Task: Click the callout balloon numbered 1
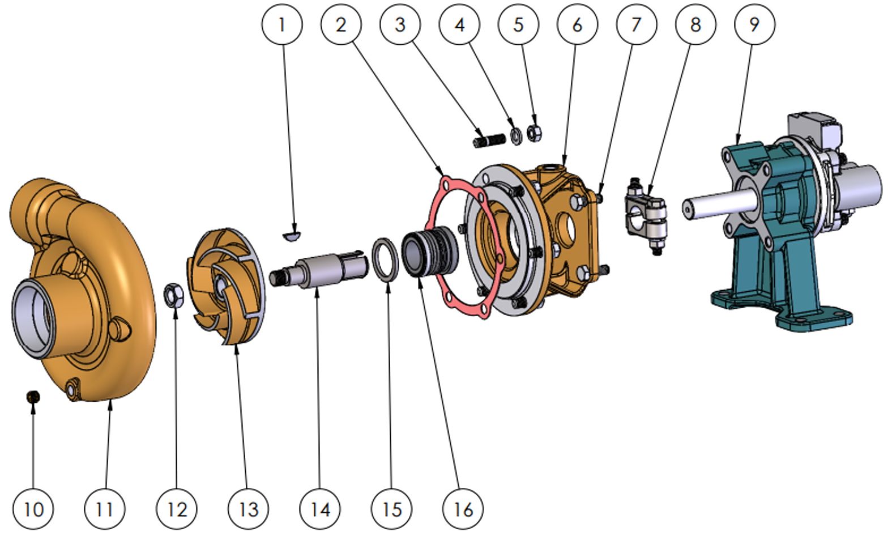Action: (282, 24)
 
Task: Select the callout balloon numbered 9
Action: (754, 24)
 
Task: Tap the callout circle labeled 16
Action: (463, 509)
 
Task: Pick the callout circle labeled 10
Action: (33, 509)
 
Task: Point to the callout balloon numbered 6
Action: (577, 24)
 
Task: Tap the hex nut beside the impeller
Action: (174, 295)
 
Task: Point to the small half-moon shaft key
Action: (292, 236)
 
